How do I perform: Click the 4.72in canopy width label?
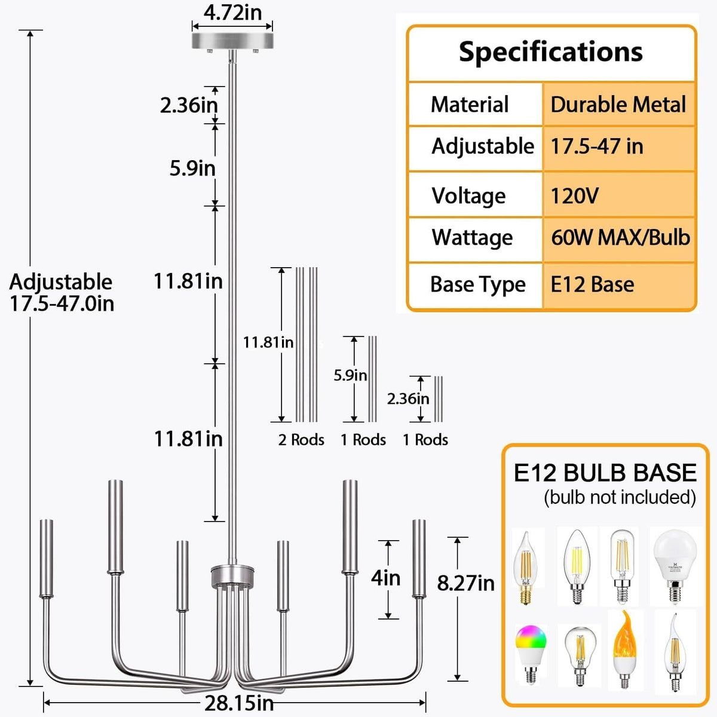(232, 13)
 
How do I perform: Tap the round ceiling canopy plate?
(232, 41)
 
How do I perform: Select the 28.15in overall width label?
(239, 703)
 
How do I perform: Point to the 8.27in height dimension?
(465, 583)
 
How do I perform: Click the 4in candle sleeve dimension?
(385, 578)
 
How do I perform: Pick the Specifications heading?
(551, 52)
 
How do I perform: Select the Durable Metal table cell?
(618, 104)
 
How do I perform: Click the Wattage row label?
(472, 238)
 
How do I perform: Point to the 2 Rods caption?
(301, 440)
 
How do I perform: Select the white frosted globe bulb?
(675, 566)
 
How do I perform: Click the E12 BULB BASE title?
(605, 473)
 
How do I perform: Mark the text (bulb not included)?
(620, 497)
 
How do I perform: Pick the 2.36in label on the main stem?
(189, 105)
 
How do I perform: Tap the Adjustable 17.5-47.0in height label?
(62, 292)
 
